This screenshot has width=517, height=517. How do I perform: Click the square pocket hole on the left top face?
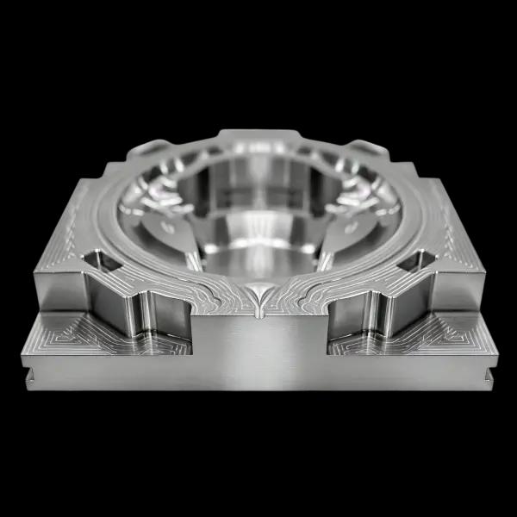[98, 258]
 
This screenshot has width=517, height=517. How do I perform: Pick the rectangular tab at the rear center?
[258, 138]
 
